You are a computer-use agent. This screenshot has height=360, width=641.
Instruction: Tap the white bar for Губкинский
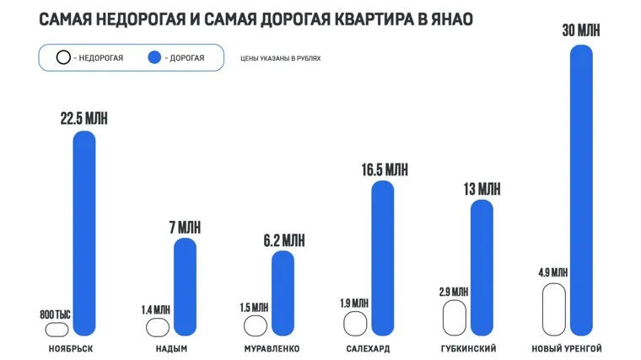455,319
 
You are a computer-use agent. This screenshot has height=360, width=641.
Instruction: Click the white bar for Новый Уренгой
553,310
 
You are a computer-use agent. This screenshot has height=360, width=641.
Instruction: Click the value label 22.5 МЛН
84,119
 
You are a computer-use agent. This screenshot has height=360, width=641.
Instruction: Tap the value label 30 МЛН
582,30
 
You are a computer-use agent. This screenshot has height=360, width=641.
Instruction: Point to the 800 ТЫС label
56,314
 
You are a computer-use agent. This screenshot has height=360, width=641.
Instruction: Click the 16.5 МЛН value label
384,169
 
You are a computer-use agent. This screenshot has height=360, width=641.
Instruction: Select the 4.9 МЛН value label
553,272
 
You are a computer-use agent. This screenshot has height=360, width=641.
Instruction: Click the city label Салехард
367,348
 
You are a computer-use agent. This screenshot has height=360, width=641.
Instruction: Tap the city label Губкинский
468,348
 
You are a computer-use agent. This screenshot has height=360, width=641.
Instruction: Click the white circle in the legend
62,58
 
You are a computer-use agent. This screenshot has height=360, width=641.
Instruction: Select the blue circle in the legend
154,58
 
